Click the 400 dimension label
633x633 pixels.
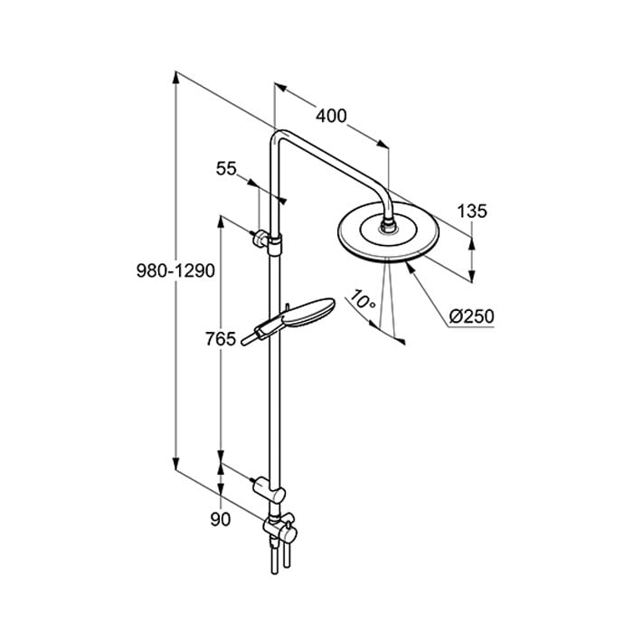(x=332, y=116)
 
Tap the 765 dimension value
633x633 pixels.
(x=221, y=339)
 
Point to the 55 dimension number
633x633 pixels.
(x=226, y=168)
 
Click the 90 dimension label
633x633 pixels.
(x=221, y=520)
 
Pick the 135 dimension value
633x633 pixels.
(x=472, y=212)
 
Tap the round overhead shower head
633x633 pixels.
(x=387, y=238)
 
